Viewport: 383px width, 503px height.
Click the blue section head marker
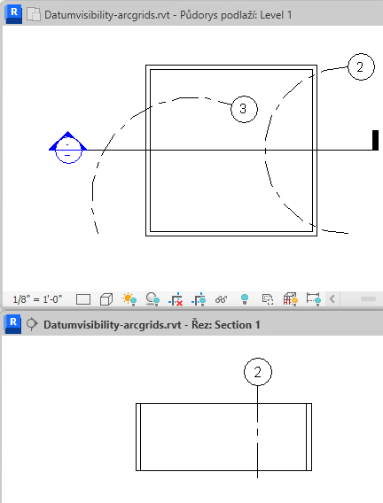click(67, 148)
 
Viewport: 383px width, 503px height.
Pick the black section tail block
click(375, 140)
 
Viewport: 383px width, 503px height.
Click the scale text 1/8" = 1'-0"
click(37, 299)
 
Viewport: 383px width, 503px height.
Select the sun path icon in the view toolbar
click(129, 299)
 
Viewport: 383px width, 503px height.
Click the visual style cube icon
click(106, 299)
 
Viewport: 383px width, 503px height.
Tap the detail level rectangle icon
click(83, 299)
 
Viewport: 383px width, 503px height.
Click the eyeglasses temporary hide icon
click(221, 299)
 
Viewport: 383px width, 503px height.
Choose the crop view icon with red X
click(176, 299)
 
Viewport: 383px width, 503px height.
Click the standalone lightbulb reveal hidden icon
click(245, 299)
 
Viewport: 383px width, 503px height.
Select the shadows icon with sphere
click(152, 299)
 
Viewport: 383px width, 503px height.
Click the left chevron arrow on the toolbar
click(332, 299)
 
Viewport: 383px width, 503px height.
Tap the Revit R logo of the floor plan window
click(13, 14)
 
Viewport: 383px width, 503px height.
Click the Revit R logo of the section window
click(12, 324)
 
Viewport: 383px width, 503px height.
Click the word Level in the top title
click(271, 15)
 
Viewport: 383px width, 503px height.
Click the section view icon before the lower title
click(31, 324)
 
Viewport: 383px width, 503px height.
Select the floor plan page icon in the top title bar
click(34, 15)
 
